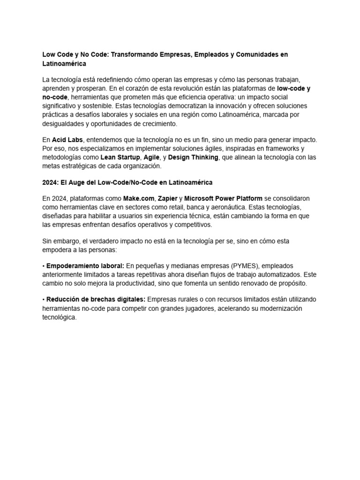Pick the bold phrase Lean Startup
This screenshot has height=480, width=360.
tap(120, 157)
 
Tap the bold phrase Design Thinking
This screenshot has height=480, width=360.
tap(193, 157)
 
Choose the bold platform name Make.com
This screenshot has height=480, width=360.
tap(139, 199)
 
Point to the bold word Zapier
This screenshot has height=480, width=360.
tap(168, 199)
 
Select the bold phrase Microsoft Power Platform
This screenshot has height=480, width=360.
tap(224, 199)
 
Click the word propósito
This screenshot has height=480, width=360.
tap(291, 284)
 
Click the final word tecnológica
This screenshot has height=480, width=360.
tap(59, 317)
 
